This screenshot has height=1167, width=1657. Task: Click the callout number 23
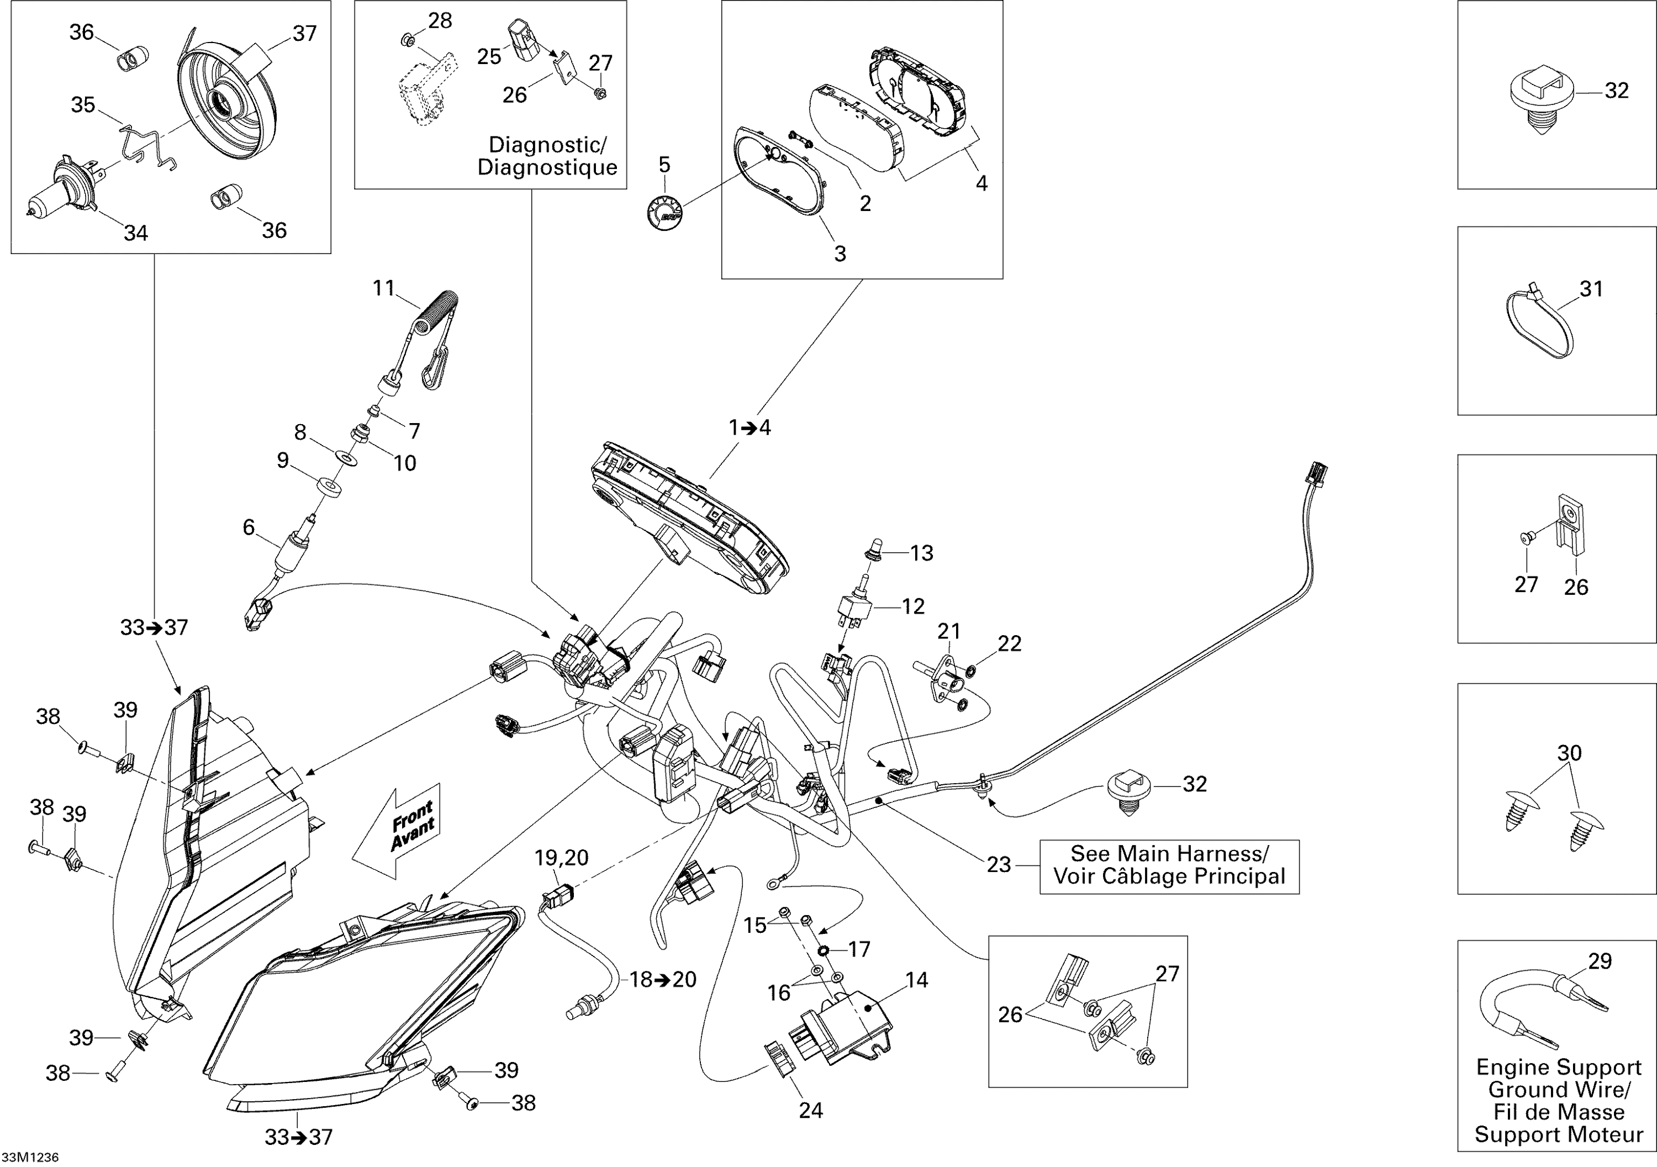click(x=998, y=864)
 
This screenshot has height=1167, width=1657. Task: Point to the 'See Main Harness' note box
click(x=1169, y=865)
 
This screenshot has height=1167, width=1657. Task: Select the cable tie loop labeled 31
click(x=1541, y=324)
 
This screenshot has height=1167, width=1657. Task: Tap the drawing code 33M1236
click(x=30, y=1157)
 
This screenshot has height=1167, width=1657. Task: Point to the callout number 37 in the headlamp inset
click(x=304, y=33)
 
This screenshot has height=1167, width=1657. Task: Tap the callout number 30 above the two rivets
click(x=1569, y=753)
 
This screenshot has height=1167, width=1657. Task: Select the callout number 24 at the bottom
click(x=810, y=1110)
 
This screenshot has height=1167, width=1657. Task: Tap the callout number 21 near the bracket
click(x=948, y=631)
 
